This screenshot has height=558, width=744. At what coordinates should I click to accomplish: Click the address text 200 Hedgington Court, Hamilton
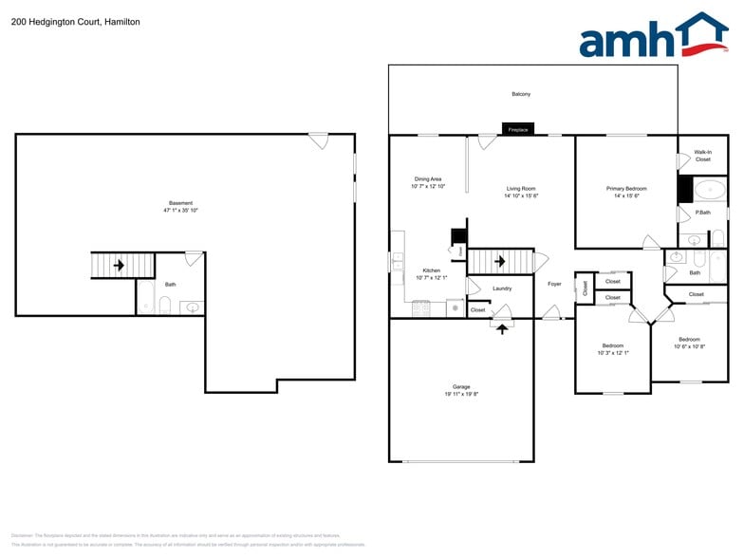[75, 21]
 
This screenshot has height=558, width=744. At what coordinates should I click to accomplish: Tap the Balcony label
[521, 94]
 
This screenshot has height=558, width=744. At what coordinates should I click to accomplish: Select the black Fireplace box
[518, 129]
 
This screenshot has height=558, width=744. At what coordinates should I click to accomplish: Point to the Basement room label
[180, 203]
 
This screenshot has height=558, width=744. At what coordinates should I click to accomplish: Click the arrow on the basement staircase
[119, 265]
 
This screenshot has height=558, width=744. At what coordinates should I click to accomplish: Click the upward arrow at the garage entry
[501, 327]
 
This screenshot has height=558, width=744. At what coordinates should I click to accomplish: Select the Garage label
[461, 387]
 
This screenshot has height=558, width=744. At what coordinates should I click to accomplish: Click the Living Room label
[521, 189]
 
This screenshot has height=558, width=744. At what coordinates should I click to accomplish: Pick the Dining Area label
[428, 179]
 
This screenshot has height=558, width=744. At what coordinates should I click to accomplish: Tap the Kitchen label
[431, 270]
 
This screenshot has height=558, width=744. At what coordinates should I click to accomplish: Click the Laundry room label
[502, 288]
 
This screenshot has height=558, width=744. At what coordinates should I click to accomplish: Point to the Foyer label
[554, 284]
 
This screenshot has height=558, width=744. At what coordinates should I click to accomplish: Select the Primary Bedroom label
[626, 189]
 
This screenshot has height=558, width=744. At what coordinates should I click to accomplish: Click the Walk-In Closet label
[702, 156]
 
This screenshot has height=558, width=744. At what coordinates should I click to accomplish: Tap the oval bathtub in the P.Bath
[708, 189]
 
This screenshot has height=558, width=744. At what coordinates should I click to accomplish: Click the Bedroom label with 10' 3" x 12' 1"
[613, 345]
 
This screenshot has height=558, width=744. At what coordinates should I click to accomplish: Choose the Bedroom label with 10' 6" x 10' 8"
[689, 340]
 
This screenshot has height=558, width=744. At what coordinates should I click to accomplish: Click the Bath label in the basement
[170, 285]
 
